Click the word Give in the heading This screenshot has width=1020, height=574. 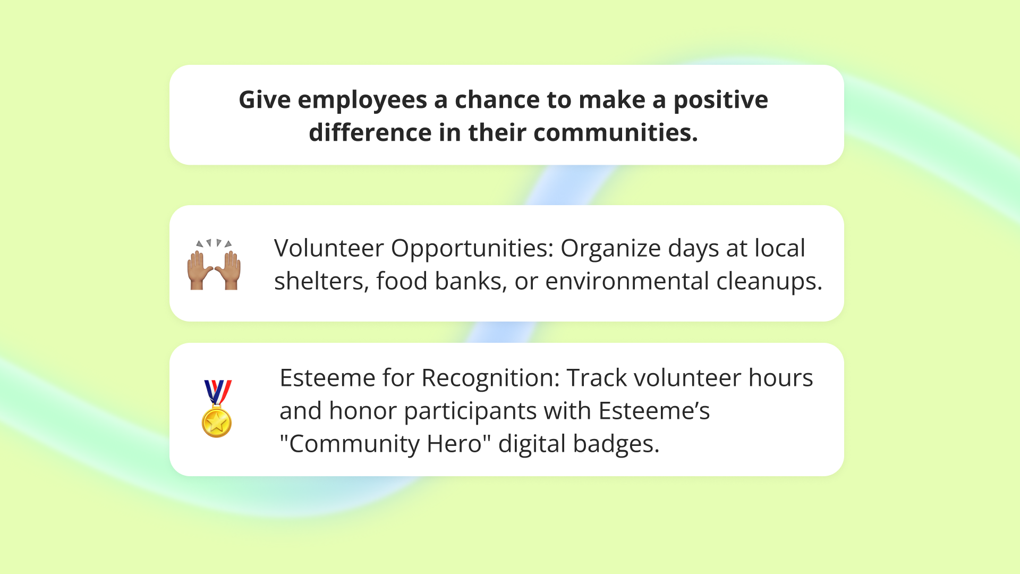click(264, 100)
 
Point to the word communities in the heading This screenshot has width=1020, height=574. click(615, 133)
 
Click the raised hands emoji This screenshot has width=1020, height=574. click(214, 264)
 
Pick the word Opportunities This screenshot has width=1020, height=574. click(472, 249)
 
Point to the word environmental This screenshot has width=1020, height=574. click(627, 281)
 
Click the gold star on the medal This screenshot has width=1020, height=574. click(217, 423)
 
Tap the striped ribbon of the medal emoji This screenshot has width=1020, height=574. click(217, 391)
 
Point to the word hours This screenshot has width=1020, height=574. click(780, 378)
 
